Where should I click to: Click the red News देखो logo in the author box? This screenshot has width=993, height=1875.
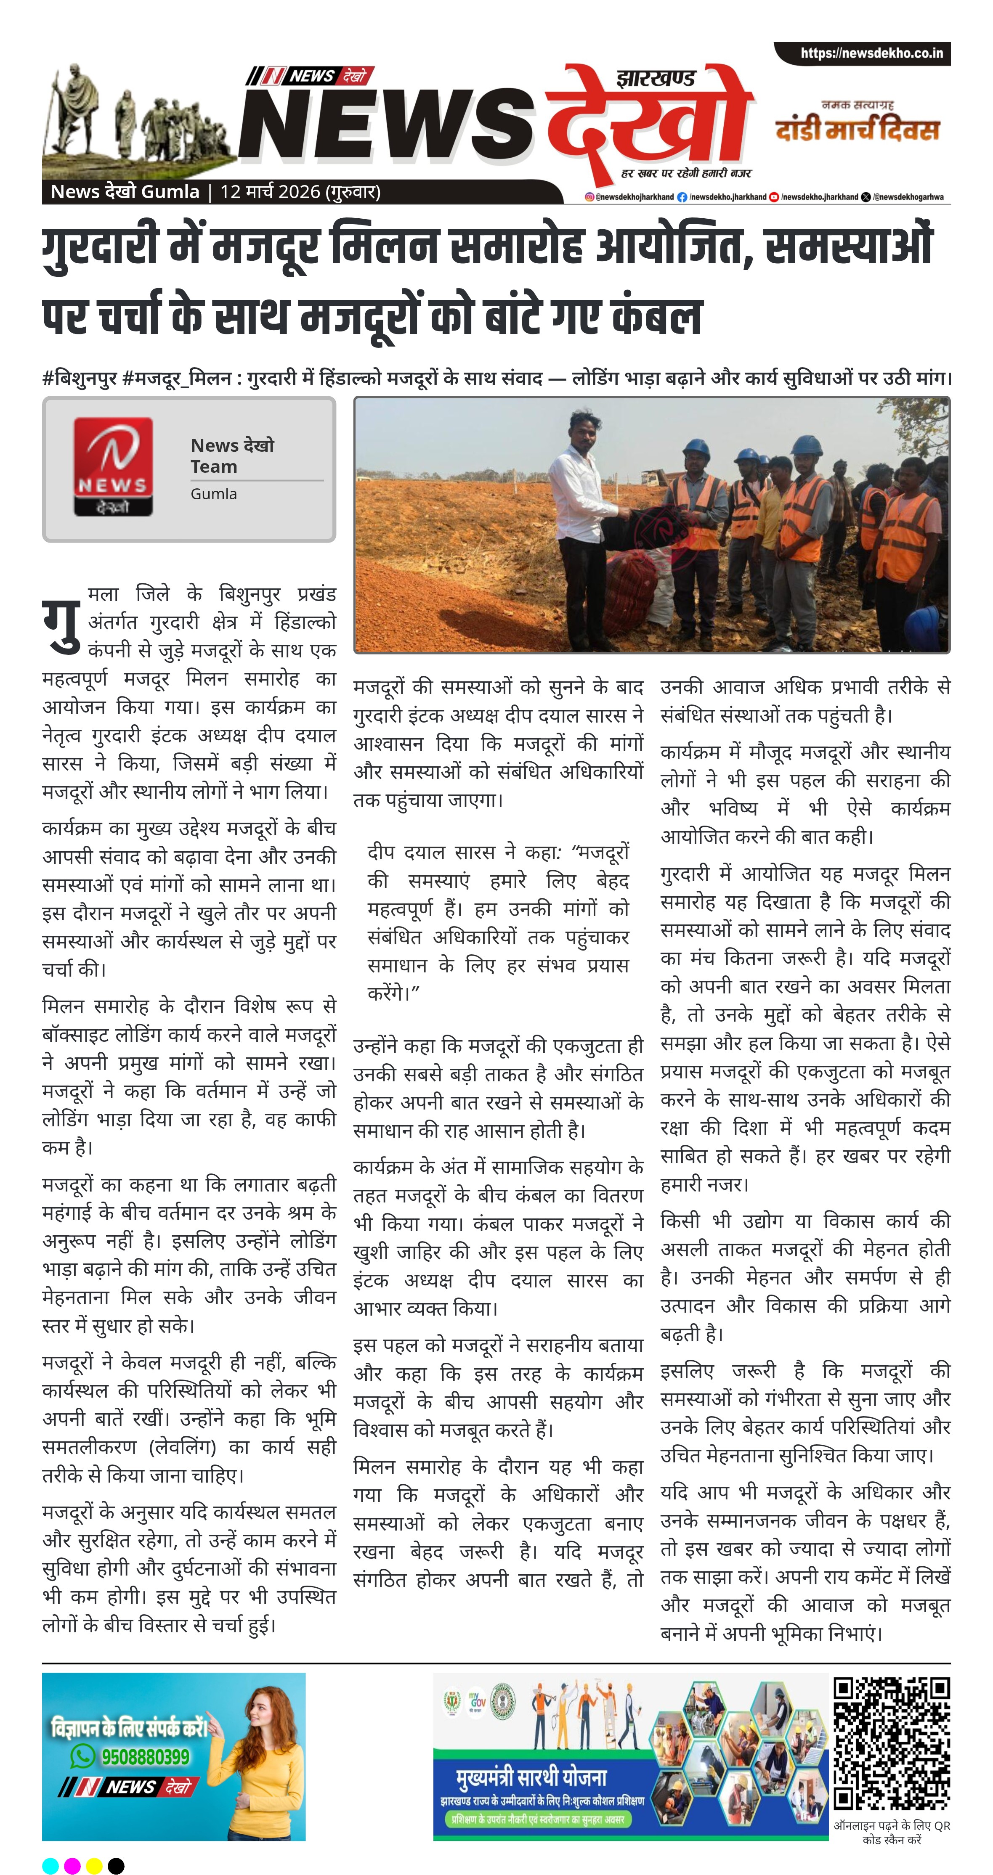(113, 466)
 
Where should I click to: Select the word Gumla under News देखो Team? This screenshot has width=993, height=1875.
(213, 493)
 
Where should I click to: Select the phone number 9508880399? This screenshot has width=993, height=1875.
(145, 1756)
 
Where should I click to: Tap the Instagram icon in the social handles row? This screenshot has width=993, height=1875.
(589, 196)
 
